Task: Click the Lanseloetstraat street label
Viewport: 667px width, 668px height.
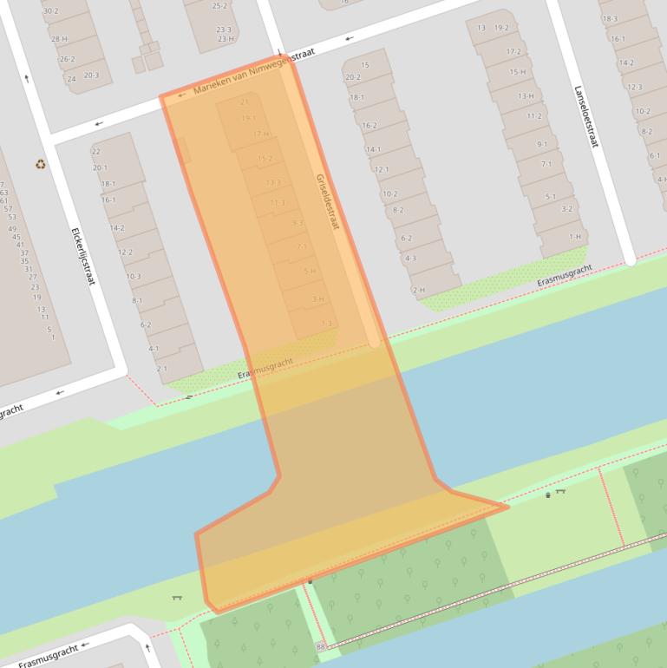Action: tap(585, 115)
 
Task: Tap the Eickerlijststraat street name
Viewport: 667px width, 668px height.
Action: tap(82, 257)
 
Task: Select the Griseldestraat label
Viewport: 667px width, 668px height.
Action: tap(327, 201)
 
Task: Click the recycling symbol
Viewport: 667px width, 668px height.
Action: tap(40, 164)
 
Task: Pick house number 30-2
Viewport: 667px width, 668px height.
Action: tap(50, 11)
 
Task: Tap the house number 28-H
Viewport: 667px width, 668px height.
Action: tap(59, 39)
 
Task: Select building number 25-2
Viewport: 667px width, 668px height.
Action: tap(219, 6)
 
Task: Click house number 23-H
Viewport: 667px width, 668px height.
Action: tap(226, 39)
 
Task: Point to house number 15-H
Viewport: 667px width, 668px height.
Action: tap(518, 72)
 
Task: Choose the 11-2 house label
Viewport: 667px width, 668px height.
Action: tap(533, 116)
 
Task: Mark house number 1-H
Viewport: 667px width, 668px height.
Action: tap(575, 236)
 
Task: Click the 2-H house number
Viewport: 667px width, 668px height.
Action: tap(418, 290)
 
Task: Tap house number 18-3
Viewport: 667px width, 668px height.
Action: tap(610, 18)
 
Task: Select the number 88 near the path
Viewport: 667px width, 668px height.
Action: tap(321, 646)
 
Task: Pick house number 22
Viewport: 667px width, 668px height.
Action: tap(95, 152)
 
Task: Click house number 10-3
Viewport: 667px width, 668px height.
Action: tap(133, 277)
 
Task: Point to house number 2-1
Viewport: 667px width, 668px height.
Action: tap(161, 369)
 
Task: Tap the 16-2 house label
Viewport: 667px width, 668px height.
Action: tap(369, 126)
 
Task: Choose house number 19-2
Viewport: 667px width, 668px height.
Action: tap(501, 28)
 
